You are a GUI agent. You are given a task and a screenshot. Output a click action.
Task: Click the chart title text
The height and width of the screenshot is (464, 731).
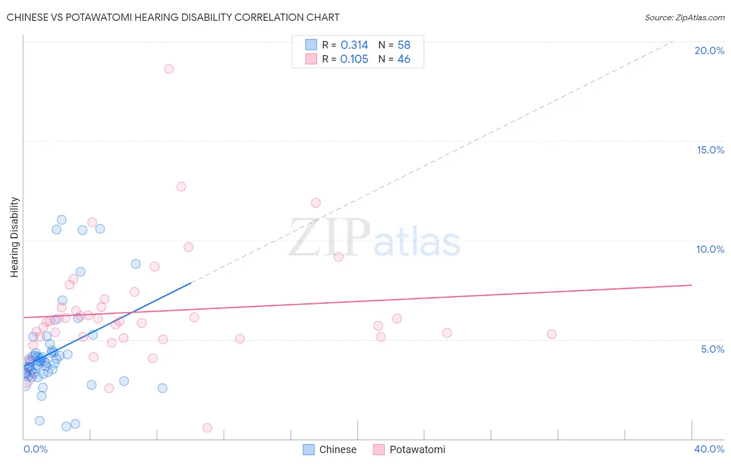click(173, 18)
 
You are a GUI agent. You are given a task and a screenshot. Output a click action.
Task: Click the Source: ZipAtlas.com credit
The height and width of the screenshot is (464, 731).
click(684, 18)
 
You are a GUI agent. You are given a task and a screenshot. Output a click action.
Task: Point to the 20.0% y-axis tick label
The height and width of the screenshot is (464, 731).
click(709, 50)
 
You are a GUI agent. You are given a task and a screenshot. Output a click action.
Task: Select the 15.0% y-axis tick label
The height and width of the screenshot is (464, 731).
click(710, 150)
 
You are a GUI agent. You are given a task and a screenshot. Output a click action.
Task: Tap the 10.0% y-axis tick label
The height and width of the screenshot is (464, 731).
click(710, 249)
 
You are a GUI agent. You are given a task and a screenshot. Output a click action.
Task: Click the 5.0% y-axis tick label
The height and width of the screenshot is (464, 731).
click(712, 349)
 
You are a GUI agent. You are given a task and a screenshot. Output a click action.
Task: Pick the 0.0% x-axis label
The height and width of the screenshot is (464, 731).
click(35, 449)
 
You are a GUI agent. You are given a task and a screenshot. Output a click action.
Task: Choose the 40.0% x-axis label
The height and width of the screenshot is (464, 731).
click(709, 449)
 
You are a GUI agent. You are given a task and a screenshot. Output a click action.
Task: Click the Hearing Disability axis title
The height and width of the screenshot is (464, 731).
click(15, 237)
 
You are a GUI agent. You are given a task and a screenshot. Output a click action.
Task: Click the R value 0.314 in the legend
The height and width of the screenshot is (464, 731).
click(354, 45)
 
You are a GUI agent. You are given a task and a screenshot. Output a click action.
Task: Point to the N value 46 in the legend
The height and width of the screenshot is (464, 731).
click(403, 59)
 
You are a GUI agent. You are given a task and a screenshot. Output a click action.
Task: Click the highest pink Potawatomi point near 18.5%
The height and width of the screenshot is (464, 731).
click(168, 69)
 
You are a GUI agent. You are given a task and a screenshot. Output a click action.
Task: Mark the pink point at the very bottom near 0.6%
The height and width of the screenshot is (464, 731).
click(207, 428)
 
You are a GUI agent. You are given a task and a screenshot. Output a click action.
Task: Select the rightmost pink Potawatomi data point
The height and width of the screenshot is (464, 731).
click(552, 334)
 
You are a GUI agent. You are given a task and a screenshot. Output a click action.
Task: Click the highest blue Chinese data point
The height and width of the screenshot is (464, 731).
click(61, 220)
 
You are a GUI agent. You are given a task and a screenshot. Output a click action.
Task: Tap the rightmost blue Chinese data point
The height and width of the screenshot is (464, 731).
click(162, 388)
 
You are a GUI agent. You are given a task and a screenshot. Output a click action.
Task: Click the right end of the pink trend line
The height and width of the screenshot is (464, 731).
click(691, 285)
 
